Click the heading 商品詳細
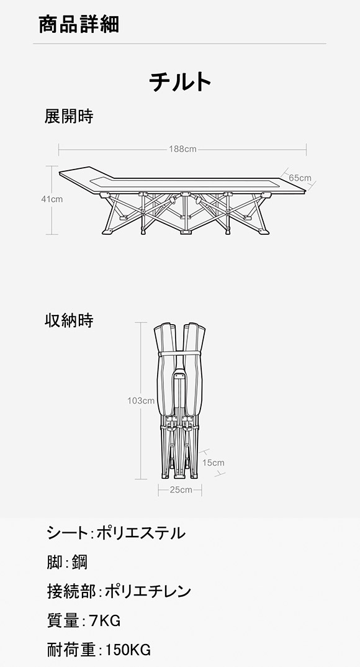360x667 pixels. click(x=79, y=24)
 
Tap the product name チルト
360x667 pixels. click(x=180, y=82)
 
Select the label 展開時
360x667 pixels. click(x=69, y=116)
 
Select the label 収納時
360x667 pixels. click(x=69, y=320)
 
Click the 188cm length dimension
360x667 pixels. click(x=182, y=149)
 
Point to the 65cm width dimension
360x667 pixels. click(x=300, y=178)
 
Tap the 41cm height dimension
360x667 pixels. click(x=52, y=199)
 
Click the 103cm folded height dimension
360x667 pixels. click(x=141, y=401)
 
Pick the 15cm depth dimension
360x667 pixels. click(x=214, y=463)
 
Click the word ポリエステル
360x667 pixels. click(x=142, y=533)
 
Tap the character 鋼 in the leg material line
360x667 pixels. click(x=79, y=562)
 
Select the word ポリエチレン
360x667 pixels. click(x=148, y=591)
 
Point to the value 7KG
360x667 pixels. click(x=105, y=621)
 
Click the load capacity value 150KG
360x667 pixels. click(x=128, y=650)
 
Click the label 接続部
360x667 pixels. click(x=71, y=591)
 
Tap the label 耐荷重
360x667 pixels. click(x=71, y=650)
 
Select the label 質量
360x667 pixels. click(x=63, y=621)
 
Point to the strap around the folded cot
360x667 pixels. click(x=179, y=353)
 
